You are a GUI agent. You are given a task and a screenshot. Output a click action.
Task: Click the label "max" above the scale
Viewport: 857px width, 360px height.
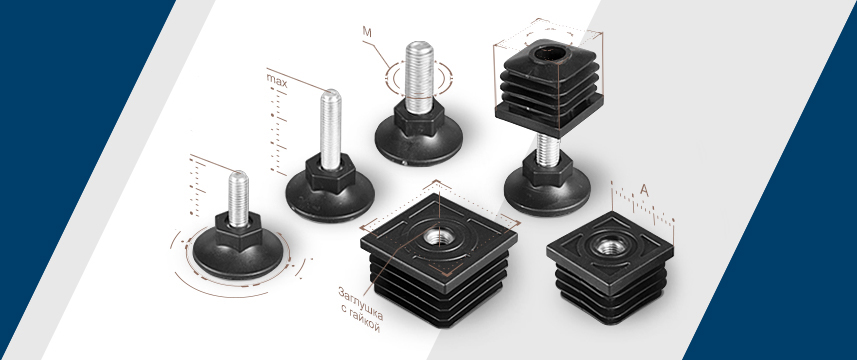[277, 77]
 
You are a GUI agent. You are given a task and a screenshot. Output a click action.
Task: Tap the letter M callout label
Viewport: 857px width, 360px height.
[367, 32]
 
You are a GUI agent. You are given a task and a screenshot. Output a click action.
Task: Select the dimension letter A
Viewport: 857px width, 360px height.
[644, 191]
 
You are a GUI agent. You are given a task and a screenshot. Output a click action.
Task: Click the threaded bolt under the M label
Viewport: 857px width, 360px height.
[419, 74]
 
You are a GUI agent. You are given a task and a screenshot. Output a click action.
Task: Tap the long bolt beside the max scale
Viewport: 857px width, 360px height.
[330, 129]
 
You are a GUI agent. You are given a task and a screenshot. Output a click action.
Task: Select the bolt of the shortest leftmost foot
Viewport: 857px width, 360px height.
[238, 198]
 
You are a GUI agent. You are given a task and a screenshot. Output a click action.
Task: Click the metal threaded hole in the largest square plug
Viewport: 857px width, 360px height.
[438, 238]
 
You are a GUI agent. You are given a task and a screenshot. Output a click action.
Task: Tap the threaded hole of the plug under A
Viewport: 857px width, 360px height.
[609, 246]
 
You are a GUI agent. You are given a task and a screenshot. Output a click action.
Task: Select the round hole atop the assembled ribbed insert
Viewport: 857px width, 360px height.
[549, 55]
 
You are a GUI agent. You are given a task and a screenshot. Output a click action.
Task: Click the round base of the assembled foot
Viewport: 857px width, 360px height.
[547, 190]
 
